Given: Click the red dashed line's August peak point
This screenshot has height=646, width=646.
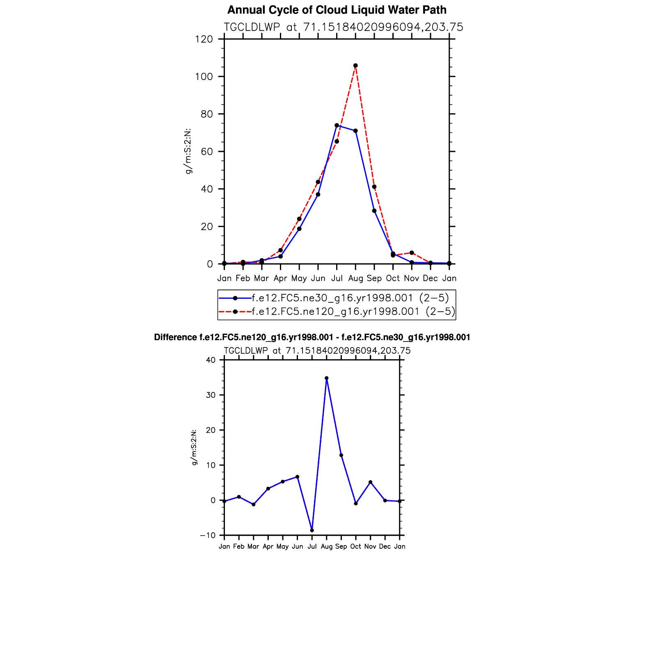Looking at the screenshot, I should (355, 66).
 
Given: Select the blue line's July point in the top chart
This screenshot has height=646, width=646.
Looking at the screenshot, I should (337, 125).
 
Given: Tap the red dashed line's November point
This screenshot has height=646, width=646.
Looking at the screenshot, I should (412, 253).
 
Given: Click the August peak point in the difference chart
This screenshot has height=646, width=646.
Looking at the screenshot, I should (326, 378).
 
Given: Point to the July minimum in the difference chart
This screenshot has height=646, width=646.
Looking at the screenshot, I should (312, 530).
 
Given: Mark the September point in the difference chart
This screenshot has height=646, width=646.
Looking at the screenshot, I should (341, 455).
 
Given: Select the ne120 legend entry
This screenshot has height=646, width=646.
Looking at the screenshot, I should (353, 312).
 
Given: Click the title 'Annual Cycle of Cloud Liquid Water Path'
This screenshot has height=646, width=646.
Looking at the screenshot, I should (337, 10).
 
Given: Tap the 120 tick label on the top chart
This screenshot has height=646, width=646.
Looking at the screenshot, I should (204, 39).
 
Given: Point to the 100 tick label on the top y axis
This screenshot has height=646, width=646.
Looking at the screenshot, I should (204, 77).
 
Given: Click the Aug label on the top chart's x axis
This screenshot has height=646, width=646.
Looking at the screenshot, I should (355, 278).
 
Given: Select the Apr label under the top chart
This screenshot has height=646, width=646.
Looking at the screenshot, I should (280, 278).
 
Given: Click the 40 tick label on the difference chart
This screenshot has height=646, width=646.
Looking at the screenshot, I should (211, 360).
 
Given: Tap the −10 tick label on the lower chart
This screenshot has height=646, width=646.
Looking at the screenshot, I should (208, 535).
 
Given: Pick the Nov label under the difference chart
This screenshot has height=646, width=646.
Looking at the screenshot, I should (370, 546).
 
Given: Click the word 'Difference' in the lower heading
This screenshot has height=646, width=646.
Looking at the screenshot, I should (175, 337).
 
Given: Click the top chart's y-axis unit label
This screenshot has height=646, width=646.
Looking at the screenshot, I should (188, 151).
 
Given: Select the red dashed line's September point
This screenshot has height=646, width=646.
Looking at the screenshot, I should (374, 187).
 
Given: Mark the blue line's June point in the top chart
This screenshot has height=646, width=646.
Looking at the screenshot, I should (318, 195).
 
